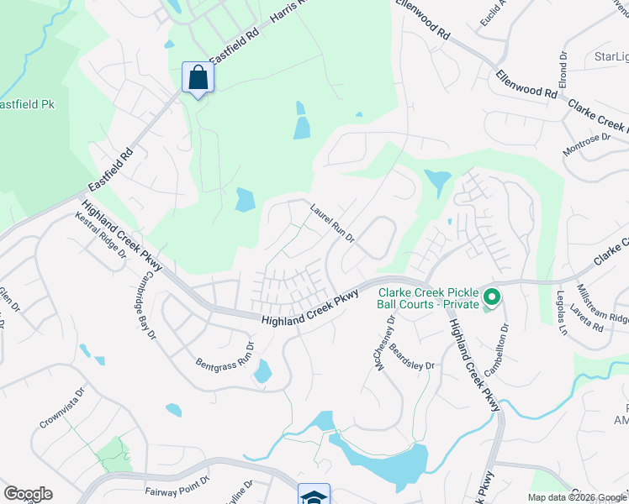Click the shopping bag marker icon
pyautogui.click(x=198, y=78)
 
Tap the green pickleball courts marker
pyautogui.click(x=490, y=297)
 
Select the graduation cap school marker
pyautogui.click(x=313, y=496)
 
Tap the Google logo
pyautogui.click(x=28, y=494)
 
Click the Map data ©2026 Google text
pyautogui.click(x=576, y=497)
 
